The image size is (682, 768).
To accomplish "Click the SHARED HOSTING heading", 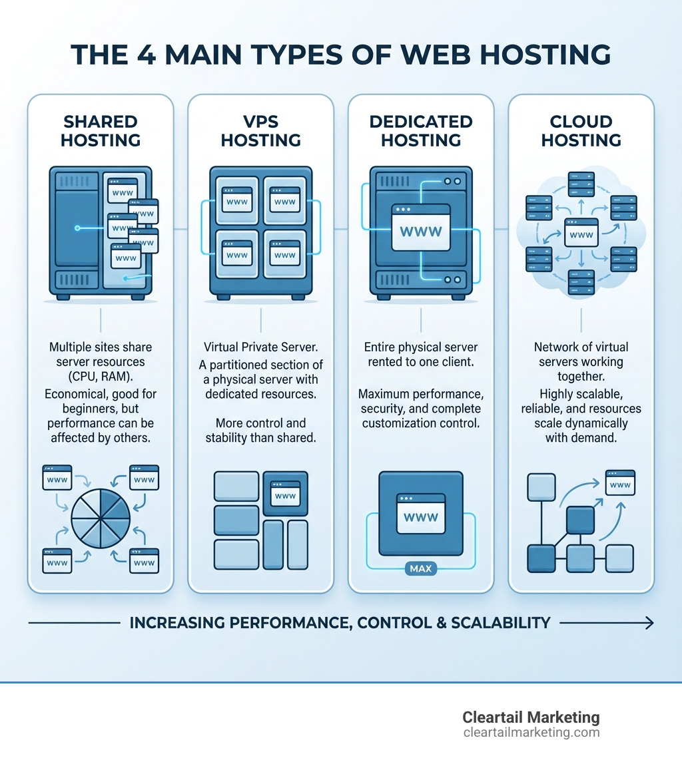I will [x=101, y=130].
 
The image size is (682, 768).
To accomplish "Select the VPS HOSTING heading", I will [x=260, y=130].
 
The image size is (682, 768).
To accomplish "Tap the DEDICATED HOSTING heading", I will [x=421, y=130].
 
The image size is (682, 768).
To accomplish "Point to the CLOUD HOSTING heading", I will [x=581, y=130].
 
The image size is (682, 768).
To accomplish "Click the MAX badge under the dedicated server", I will [x=421, y=569].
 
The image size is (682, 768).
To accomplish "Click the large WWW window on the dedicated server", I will [x=421, y=228].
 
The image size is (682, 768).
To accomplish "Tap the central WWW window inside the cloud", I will [x=581, y=233].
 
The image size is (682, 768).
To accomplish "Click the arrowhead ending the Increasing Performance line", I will [x=649, y=623].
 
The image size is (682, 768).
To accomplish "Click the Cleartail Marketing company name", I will [x=531, y=717].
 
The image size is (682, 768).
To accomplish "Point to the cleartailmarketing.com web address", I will [x=531, y=733].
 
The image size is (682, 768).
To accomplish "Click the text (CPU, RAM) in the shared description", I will [x=101, y=377].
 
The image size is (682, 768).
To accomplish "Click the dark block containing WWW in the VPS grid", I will [x=286, y=493].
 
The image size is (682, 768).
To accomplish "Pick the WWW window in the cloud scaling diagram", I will [x=619, y=482].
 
